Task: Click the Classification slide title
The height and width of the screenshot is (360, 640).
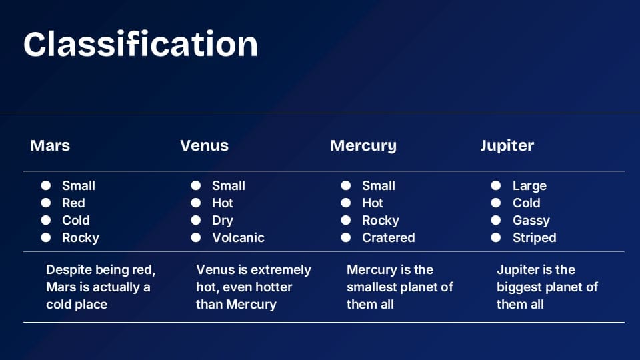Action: [141, 44]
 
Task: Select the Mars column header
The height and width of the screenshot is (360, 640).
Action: [50, 145]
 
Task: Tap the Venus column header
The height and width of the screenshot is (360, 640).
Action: [204, 145]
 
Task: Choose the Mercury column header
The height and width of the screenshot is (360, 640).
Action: [363, 146]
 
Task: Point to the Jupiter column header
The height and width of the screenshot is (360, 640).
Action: [507, 146]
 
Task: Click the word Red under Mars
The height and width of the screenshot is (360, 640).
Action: [73, 203]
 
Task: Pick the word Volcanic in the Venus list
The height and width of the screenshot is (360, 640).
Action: [238, 237]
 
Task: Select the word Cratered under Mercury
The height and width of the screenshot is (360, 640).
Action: [388, 237]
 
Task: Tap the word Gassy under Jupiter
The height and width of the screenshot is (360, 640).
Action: [531, 221]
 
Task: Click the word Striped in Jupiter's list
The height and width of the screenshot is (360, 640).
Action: [534, 238]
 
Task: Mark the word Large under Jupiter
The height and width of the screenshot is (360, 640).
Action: [529, 186]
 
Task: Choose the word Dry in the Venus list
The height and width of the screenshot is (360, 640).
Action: [223, 221]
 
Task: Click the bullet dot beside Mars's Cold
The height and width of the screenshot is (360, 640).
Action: [46, 220]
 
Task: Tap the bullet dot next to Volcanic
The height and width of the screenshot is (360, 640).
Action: [196, 237]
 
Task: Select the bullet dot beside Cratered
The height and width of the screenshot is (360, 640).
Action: [346, 237]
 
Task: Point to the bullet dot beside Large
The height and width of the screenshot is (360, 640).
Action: [496, 185]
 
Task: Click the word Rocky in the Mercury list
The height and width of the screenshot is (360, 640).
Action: [381, 221]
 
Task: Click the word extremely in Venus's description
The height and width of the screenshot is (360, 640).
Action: [281, 270]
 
